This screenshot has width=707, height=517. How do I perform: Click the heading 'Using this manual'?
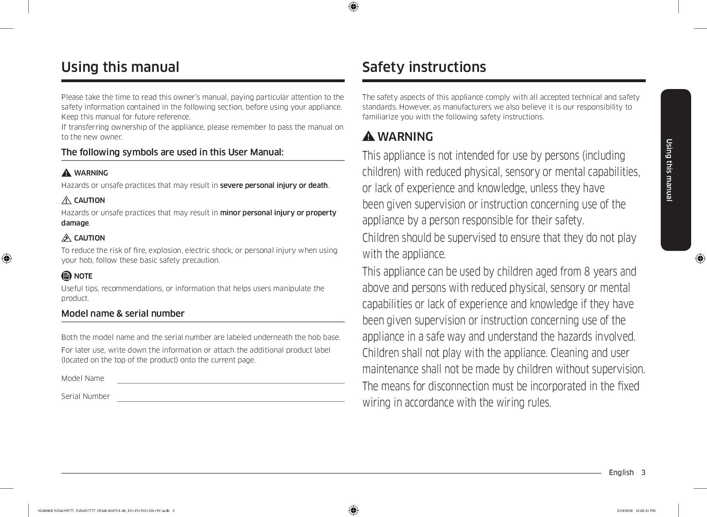120,67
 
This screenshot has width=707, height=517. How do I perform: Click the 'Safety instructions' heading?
424,67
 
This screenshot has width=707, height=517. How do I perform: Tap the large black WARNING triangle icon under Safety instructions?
368,137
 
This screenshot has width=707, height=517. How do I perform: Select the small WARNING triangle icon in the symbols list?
66,173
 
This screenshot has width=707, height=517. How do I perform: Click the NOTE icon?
66,276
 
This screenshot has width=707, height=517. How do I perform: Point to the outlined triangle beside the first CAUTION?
66,200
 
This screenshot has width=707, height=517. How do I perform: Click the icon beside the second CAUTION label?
66,238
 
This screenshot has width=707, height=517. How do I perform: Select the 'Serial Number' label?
86,396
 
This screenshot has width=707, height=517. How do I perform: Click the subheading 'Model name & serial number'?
123,313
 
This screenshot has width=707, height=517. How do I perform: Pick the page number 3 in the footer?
643,472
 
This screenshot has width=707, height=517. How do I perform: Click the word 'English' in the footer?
621,472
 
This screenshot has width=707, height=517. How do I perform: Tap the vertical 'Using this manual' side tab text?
669,170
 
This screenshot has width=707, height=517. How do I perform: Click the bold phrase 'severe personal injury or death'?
274,185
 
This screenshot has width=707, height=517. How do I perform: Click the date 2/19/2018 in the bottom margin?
625,511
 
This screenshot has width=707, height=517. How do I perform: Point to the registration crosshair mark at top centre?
353,6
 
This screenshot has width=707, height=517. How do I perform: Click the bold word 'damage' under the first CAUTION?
75,223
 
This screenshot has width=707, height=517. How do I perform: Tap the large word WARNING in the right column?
405,137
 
